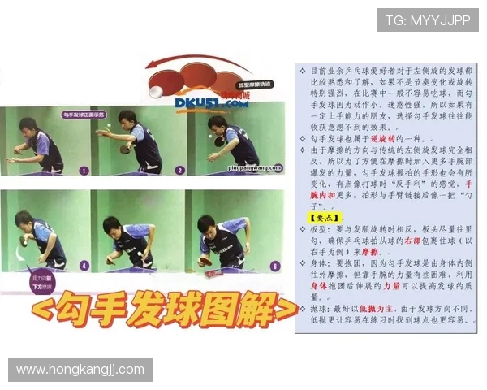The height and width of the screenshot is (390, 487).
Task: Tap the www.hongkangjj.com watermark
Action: coord(80,370)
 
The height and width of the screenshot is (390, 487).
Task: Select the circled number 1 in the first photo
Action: coord(83,171)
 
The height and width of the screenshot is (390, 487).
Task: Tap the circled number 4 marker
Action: coord(84,265)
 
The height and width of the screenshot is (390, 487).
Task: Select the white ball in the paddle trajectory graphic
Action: coord(155,92)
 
